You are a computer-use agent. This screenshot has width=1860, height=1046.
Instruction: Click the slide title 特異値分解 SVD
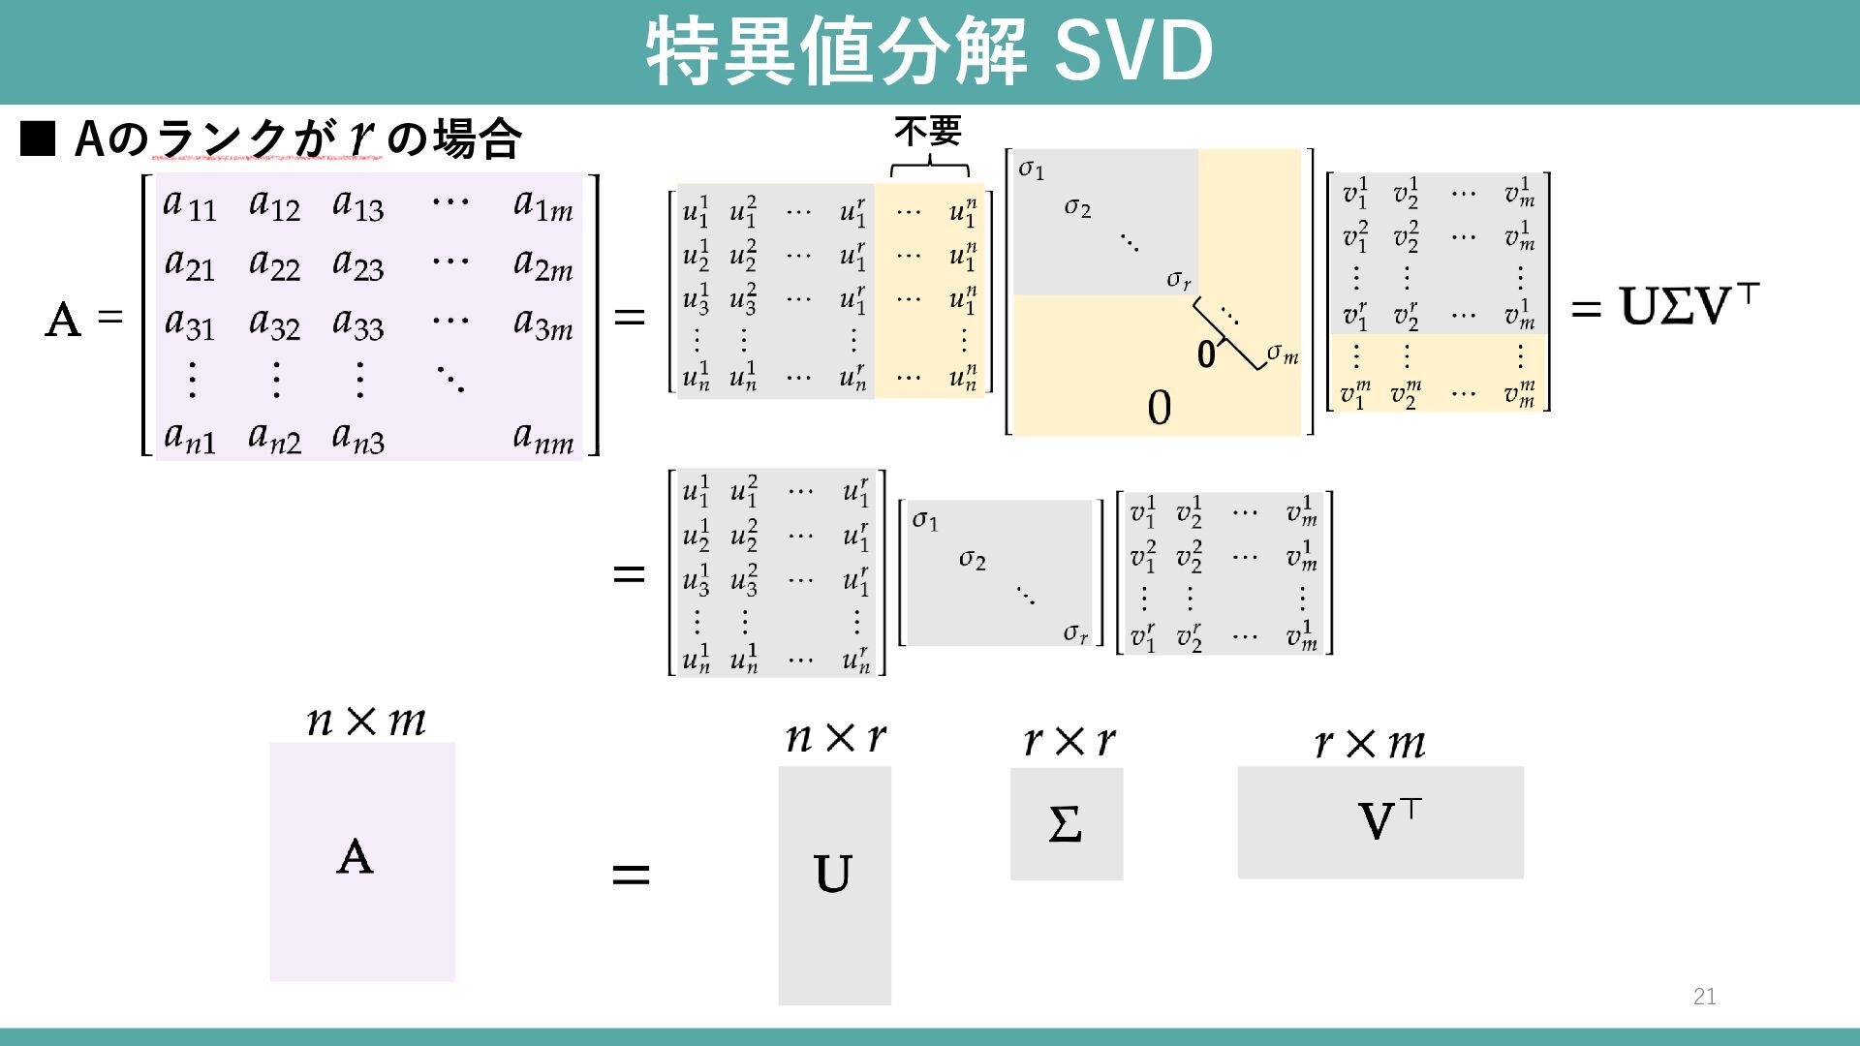point(928,50)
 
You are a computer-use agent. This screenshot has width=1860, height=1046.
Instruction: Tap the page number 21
point(1704,997)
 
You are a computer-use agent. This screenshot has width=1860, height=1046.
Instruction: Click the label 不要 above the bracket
point(927,131)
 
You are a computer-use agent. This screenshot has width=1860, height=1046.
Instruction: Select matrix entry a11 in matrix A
point(190,205)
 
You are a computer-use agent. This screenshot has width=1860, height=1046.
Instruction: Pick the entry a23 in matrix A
point(357,264)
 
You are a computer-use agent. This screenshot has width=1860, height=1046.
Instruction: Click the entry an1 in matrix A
point(190,439)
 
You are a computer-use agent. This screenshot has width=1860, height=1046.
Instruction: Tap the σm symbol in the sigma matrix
point(1282,354)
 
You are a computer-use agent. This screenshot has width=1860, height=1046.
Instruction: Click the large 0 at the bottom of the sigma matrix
point(1159,408)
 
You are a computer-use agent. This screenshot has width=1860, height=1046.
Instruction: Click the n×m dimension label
point(365,721)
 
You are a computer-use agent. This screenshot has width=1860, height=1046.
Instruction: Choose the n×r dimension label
point(835,738)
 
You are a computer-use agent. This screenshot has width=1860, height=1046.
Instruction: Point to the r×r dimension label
point(1069,742)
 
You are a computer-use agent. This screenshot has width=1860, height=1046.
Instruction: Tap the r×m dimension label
point(1369,744)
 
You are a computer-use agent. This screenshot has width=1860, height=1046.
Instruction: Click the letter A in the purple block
point(355,857)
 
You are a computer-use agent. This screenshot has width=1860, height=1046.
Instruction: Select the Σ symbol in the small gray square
point(1065,824)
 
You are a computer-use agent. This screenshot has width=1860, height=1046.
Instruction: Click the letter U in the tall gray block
point(833,874)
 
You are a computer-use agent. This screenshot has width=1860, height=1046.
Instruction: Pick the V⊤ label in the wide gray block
point(1388,820)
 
